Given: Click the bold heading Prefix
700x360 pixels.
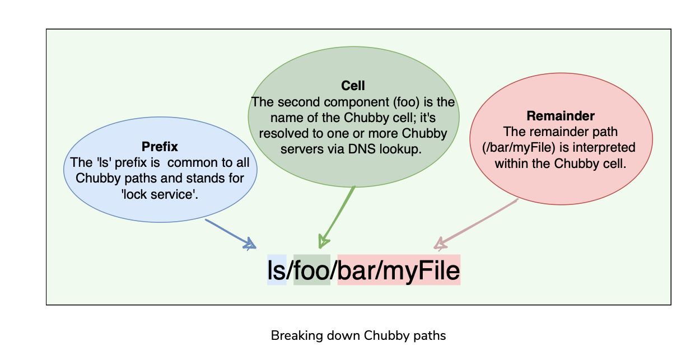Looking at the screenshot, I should [160, 147].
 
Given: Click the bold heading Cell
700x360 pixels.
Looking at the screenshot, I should [353, 86].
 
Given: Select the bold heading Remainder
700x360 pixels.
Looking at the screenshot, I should [560, 116].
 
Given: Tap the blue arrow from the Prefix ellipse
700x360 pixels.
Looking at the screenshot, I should [230, 233].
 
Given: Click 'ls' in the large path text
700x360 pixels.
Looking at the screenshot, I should [277, 270].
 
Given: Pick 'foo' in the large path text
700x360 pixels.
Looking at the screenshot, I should [311, 270].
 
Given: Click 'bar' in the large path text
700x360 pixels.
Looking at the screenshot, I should [357, 270].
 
